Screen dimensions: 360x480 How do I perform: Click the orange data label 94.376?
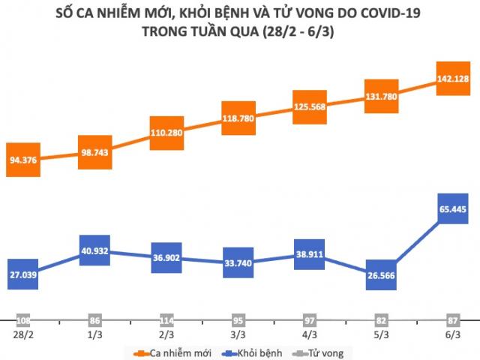coord(24,159)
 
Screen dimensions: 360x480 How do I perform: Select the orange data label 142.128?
coord(453,79)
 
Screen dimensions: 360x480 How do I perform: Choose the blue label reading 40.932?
coord(96,250)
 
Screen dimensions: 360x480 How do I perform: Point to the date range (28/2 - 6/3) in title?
coord(302,31)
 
